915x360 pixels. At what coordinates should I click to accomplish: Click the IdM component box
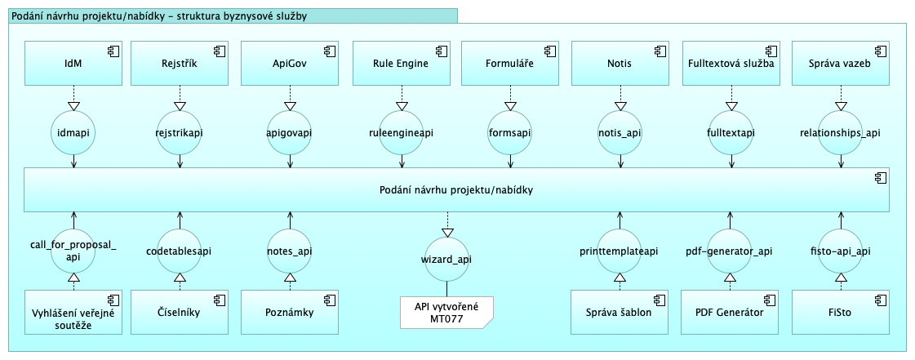[73, 64]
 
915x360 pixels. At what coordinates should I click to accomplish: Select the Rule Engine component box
[401, 64]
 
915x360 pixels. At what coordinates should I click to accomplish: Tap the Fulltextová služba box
[728, 64]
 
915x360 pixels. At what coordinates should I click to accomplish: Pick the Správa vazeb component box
[838, 64]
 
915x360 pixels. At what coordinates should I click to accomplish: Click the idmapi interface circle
[73, 132]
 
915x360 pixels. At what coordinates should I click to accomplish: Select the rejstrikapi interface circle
[178, 132]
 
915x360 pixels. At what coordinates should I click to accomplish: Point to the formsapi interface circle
[509, 132]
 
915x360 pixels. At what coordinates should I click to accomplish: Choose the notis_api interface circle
[619, 132]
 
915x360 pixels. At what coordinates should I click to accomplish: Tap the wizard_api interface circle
[446, 259]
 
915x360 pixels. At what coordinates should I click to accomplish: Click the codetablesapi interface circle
[179, 251]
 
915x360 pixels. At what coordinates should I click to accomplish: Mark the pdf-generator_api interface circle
[729, 251]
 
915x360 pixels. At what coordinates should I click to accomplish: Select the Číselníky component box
[177, 311]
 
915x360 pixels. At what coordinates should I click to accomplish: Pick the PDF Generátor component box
[728, 311]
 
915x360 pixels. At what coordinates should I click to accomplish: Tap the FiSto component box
[838, 311]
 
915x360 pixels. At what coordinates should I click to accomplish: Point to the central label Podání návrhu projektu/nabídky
[456, 190]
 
